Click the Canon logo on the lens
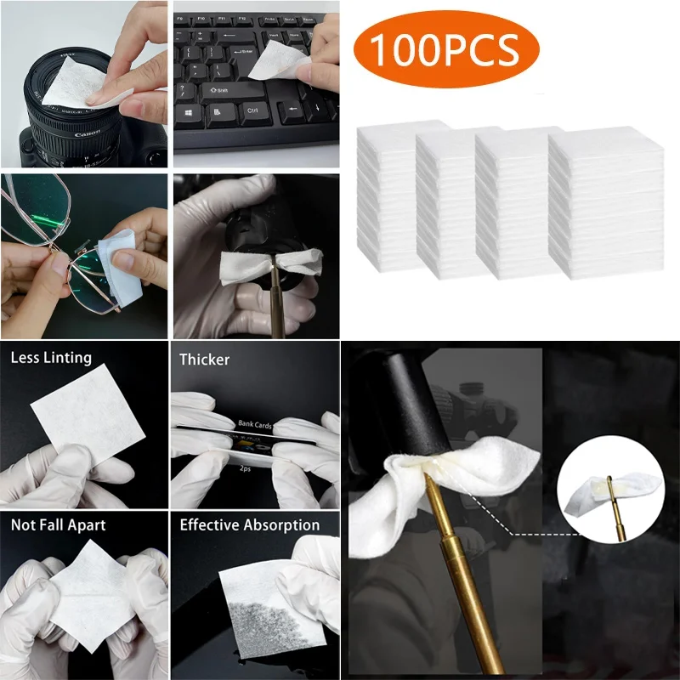pyautogui.click(x=88, y=134)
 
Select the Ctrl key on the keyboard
pyautogui.click(x=252, y=110)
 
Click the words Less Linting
pyautogui.click(x=51, y=358)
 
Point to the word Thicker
pyautogui.click(x=204, y=360)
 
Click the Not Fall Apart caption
pyautogui.click(x=59, y=524)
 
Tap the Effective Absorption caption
pyautogui.click(x=249, y=525)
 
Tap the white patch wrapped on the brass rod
pyautogui.click(x=459, y=484)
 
